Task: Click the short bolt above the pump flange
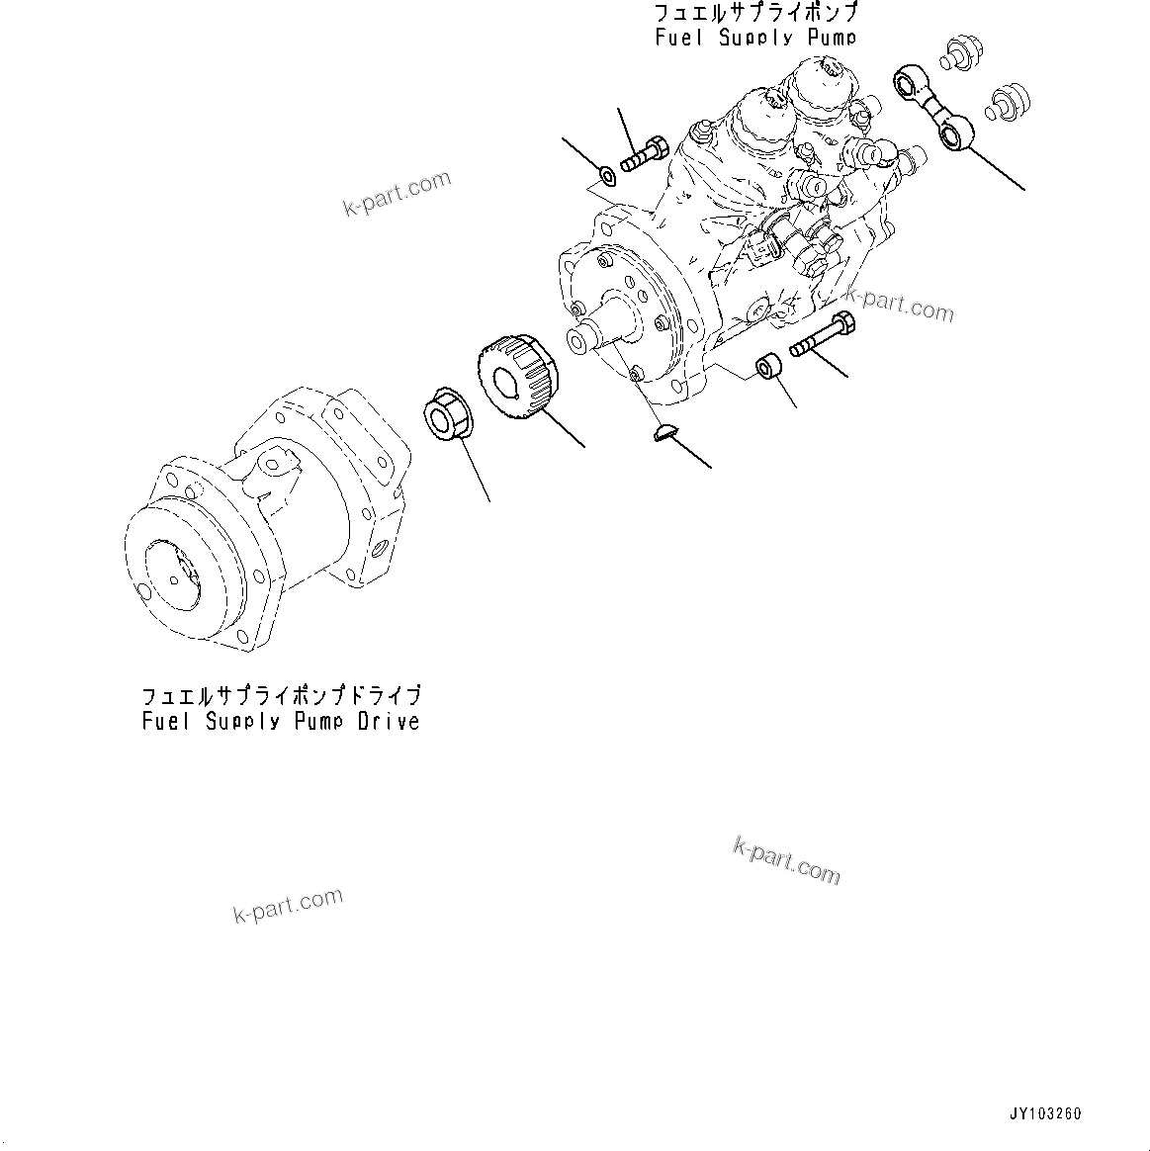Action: (645, 154)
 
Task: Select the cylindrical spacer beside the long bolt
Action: (770, 368)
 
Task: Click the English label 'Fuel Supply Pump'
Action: (754, 38)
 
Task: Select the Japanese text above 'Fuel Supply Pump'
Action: (754, 14)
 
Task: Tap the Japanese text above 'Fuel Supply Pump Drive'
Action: (281, 695)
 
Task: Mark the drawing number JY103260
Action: (1045, 1113)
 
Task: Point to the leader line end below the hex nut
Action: (489, 500)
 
